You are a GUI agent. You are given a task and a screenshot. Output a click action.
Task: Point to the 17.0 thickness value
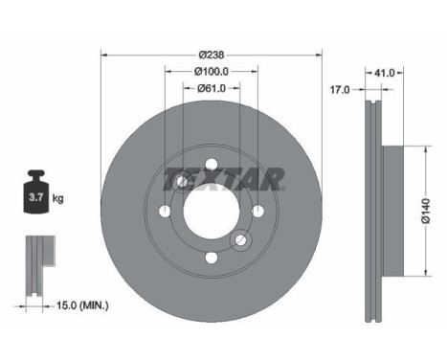tap(340, 89)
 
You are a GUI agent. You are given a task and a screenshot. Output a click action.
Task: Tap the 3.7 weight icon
tap(34, 197)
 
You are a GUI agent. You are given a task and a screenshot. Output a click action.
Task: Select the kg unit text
tap(58, 198)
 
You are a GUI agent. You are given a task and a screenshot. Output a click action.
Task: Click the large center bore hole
tap(211, 212)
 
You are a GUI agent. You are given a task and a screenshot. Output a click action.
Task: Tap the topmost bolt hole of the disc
tap(211, 165)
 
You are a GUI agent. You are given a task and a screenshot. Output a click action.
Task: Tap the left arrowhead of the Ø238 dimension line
tap(103, 54)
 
